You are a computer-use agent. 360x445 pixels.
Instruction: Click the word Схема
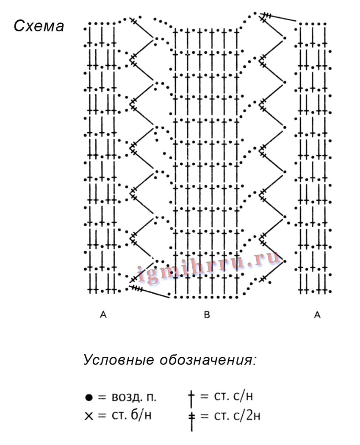pyautogui.click(x=39, y=26)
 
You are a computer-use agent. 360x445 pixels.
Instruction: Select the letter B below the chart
pyautogui.click(x=207, y=315)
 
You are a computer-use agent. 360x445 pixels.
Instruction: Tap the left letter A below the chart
pyautogui.click(x=103, y=315)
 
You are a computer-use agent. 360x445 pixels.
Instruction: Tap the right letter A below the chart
pyautogui.click(x=318, y=315)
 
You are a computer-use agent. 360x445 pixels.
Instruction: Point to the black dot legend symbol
pyautogui.click(x=89, y=398)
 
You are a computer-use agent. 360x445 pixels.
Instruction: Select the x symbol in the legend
pyautogui.click(x=88, y=416)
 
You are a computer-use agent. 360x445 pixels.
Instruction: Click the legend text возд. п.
pyautogui.click(x=134, y=398)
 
